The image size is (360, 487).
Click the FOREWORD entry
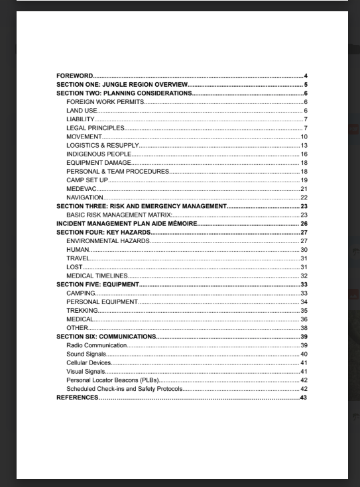point(74,76)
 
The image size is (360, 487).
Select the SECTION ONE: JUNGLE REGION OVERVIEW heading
point(122,85)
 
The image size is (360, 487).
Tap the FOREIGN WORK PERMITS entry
point(105,102)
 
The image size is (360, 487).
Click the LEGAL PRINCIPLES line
point(95,128)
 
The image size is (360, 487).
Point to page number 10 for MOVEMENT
point(304,136)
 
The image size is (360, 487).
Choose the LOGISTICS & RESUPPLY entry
point(102,145)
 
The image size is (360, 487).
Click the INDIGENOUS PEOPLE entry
point(99,154)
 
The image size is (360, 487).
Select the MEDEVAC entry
point(81,189)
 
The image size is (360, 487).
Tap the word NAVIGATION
point(85,197)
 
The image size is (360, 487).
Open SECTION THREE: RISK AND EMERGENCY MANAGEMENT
point(141,206)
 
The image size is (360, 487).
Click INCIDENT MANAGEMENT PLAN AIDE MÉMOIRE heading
point(127,224)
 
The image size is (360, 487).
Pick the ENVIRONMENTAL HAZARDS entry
point(107,241)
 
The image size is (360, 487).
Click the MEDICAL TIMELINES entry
point(97,276)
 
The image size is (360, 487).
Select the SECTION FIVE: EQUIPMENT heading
point(97,284)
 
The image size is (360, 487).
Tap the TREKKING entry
point(82,310)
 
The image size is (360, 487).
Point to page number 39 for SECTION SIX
point(304,337)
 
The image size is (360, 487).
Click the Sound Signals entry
point(86,354)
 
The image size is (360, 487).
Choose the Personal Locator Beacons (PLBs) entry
point(112,380)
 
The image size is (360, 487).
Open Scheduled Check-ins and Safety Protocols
point(124,389)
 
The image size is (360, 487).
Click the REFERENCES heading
point(77,398)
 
